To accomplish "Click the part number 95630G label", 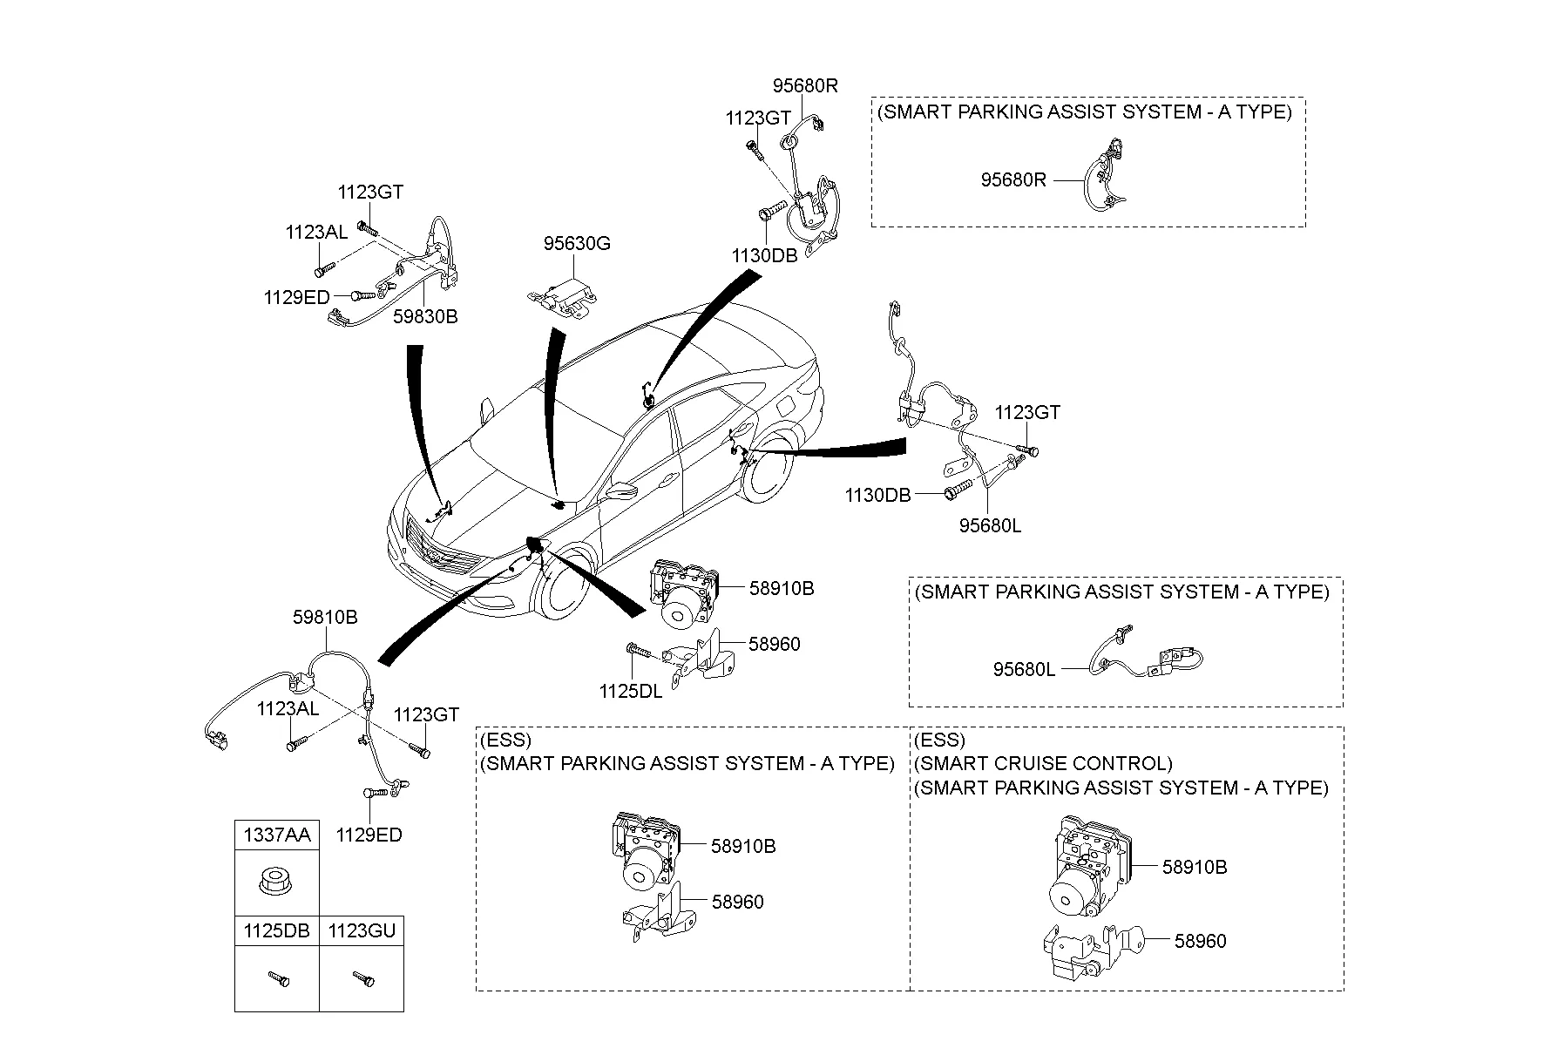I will tap(577, 244).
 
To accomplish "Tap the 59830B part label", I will tap(424, 317).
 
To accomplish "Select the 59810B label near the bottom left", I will tap(325, 618).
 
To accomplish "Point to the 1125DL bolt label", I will tap(631, 692).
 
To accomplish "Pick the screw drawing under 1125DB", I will tap(277, 979).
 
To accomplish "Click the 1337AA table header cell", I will tap(276, 835).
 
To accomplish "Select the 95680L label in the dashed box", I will tap(1024, 670).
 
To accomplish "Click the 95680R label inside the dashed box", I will tap(1013, 180).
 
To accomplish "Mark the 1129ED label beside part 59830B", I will tap(297, 297).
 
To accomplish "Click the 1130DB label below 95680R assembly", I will tap(764, 255).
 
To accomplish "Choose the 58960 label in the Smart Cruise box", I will tap(1200, 941).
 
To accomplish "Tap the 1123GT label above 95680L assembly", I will tap(1027, 412).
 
